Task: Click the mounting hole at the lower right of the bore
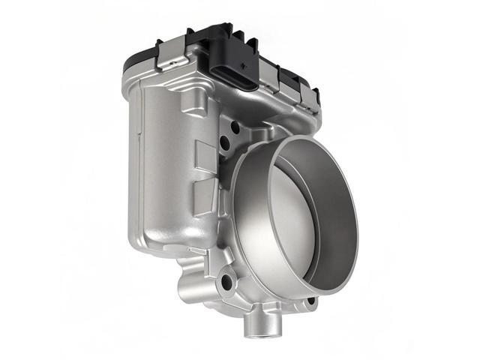tap(310, 301)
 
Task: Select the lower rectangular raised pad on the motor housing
tap(203, 199)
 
